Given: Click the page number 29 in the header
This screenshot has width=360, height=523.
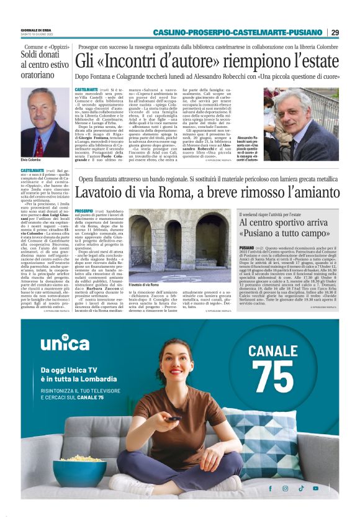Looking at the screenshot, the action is coord(335,32).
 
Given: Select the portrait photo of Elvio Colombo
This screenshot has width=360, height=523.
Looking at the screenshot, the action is coord(39,122).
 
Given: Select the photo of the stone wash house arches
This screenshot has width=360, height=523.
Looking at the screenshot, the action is coord(163,245).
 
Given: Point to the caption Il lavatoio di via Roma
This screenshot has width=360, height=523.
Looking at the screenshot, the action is coord(145,284).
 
